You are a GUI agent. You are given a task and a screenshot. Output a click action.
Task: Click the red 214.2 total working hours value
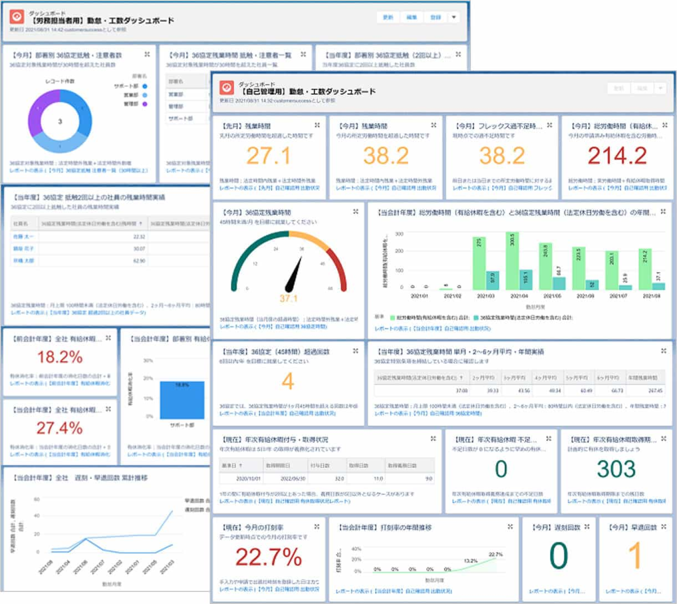pyautogui.click(x=617, y=156)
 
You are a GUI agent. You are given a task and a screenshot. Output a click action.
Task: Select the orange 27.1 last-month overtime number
pyautogui.click(x=268, y=156)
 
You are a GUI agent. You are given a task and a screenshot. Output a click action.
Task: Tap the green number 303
pyautogui.click(x=616, y=469)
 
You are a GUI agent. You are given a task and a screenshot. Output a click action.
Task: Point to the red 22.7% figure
pyautogui.click(x=268, y=557)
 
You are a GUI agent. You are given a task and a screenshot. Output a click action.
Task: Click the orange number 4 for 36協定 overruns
pyautogui.click(x=288, y=382)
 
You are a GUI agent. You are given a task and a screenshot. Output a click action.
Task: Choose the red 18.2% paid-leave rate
pyautogui.click(x=60, y=357)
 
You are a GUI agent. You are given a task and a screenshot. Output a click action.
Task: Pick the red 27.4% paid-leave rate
pyautogui.click(x=60, y=428)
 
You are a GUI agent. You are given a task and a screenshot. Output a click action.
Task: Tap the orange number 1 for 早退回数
pyautogui.click(x=635, y=555)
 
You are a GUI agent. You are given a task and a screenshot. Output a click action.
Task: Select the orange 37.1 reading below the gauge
pyautogui.click(x=288, y=299)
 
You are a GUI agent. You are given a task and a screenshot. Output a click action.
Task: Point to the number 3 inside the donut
pyautogui.click(x=60, y=122)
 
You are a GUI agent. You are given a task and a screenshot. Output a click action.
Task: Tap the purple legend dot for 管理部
pyautogui.click(x=145, y=104)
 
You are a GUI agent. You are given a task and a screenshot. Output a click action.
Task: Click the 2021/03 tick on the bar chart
pyautogui.click(x=485, y=296)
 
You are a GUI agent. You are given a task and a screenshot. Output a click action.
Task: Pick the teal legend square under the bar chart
pyautogui.click(x=476, y=318)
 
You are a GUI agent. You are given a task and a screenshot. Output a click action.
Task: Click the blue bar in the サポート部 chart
pyautogui.click(x=182, y=400)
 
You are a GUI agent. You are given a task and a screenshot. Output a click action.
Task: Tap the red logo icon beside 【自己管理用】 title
pyautogui.click(x=227, y=88)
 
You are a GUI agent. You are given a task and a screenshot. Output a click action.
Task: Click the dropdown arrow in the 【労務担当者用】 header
pyautogui.click(x=454, y=17)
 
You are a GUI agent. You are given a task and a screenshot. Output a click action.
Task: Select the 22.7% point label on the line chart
pyautogui.click(x=495, y=554)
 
